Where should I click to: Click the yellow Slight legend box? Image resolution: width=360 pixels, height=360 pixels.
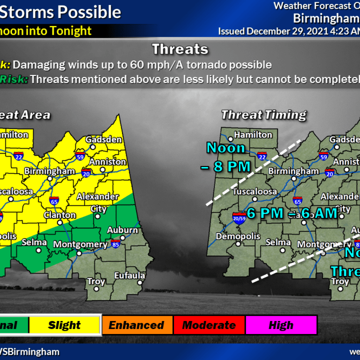pyautogui.click(x=65, y=325)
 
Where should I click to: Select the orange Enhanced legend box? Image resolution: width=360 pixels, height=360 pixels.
pyautogui.click(x=137, y=325)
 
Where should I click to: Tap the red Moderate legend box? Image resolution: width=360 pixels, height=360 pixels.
pyautogui.click(x=209, y=325)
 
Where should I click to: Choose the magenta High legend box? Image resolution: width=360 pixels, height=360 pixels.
pyautogui.click(x=281, y=325)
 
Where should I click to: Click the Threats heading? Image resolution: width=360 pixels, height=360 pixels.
pyautogui.click(x=180, y=49)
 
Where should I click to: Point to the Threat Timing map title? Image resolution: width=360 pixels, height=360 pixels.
pyautogui.click(x=264, y=115)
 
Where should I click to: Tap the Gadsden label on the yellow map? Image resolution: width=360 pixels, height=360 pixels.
pyautogui.click(x=104, y=140)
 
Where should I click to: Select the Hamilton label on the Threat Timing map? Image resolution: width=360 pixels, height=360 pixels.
pyautogui.click(x=253, y=135)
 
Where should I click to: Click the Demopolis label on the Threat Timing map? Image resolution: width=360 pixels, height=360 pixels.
pyautogui.click(x=238, y=236)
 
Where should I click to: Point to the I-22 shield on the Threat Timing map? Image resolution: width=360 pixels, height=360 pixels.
pyautogui.click(x=261, y=155)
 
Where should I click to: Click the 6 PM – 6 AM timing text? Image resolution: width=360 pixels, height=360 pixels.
pyautogui.click(x=292, y=213)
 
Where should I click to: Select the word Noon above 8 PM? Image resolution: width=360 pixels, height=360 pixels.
pyautogui.click(x=226, y=148)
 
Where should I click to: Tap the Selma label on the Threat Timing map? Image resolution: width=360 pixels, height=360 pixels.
pyautogui.click(x=278, y=242)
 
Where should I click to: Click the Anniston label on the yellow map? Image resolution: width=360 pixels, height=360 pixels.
pyautogui.click(x=107, y=162)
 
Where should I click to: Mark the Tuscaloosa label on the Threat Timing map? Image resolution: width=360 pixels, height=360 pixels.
pyautogui.click(x=255, y=192)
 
